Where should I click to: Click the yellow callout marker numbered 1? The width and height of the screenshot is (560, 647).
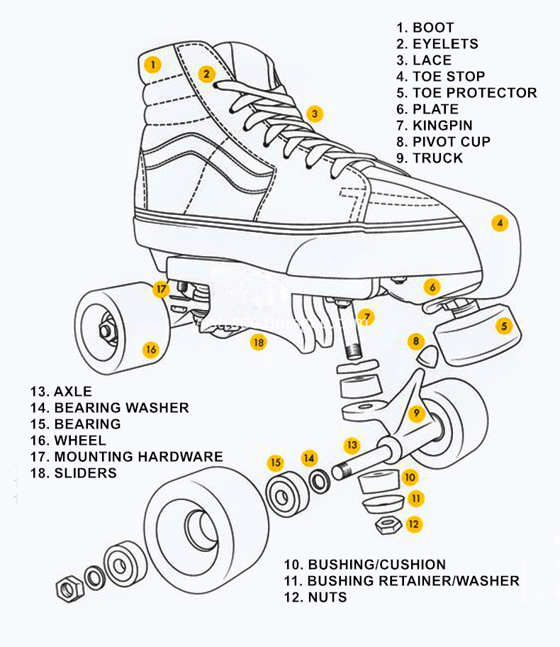[152, 64]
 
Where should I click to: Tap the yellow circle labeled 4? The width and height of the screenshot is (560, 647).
[500, 223]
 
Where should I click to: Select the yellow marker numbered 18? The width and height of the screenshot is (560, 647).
[259, 342]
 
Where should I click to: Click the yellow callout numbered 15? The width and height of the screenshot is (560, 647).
[276, 463]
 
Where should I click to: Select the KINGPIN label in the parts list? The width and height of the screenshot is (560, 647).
[444, 126]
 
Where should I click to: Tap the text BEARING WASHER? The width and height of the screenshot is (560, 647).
[121, 408]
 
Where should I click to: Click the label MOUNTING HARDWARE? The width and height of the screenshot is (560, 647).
[138, 457]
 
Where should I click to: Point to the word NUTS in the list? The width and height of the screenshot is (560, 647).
[327, 597]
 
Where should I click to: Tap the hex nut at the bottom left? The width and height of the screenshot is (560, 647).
[68, 588]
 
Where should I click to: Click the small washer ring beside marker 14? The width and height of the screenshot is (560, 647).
[319, 482]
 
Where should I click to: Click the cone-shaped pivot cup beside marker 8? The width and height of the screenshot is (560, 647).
[428, 355]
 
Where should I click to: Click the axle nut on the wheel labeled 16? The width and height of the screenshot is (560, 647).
[105, 330]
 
